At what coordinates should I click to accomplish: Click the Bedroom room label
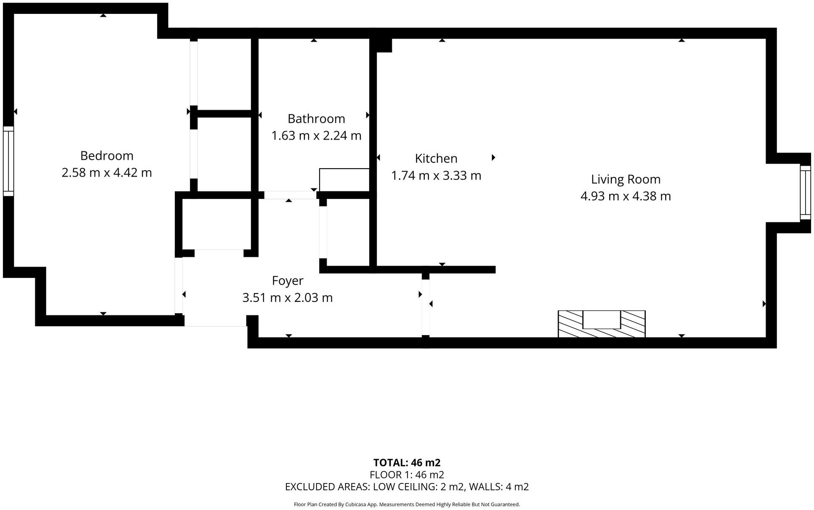pos(107,156)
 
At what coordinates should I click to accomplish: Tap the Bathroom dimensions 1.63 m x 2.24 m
pos(316,136)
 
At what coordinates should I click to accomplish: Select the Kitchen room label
pos(436,159)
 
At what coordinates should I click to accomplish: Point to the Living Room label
pos(626,180)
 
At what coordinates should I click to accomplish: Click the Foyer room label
pos(288,281)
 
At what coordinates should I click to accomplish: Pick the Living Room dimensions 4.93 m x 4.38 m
pos(626,196)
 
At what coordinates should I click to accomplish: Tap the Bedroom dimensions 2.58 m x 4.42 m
pos(107,173)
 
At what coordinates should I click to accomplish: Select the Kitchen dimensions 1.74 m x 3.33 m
pos(436,175)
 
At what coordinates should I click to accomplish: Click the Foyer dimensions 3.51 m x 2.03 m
pos(288,298)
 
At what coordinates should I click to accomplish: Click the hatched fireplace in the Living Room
pos(601,324)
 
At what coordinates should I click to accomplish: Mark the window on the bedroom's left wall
pos(8,161)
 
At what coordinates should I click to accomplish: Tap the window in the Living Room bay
pos(805,192)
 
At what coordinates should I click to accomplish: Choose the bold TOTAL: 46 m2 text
pos(407,462)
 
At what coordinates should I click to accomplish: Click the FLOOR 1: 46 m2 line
pos(407,475)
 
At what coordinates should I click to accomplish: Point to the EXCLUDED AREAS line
pos(407,487)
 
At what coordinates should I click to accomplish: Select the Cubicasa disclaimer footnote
pos(407,505)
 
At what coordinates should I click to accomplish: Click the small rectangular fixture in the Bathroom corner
pos(344,180)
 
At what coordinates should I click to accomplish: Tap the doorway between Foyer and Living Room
pos(425,307)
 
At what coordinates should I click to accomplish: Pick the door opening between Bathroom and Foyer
pos(290,195)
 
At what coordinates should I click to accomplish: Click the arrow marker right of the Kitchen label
pos(493,158)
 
